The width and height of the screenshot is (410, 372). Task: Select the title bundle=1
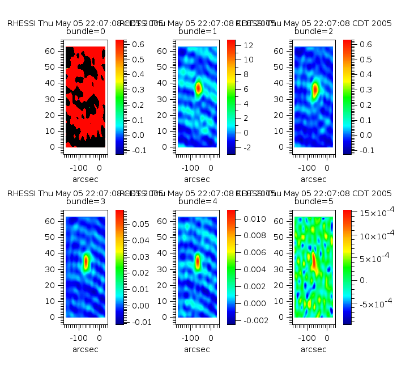tap(198, 32)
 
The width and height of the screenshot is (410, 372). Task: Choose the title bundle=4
tap(198, 202)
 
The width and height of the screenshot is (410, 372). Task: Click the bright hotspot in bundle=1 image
tap(198, 88)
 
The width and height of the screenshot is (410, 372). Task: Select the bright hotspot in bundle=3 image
tap(86, 261)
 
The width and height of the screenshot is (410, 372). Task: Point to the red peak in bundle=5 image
tap(314, 262)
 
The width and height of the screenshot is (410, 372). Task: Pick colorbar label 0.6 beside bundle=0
tap(138, 44)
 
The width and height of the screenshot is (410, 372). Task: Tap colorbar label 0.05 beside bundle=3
tap(140, 224)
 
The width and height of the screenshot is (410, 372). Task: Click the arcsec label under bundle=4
tap(198, 349)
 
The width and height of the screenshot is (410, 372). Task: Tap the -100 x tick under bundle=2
tap(306, 168)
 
